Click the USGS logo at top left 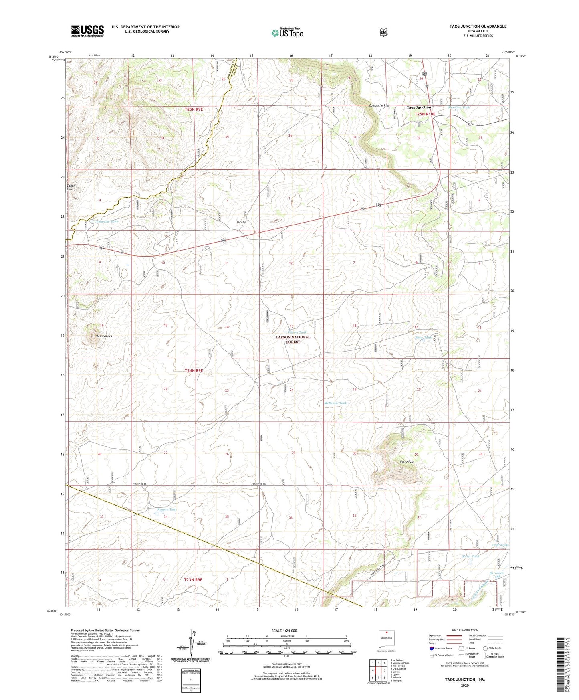87,30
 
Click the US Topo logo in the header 287,32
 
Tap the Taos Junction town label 419,107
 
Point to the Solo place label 240,222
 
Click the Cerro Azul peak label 406,461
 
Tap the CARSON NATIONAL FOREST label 293,340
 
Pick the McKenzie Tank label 335,403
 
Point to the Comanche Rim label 379,106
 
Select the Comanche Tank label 106,221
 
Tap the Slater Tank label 470,556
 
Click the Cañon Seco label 71,188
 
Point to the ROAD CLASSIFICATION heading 464,630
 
